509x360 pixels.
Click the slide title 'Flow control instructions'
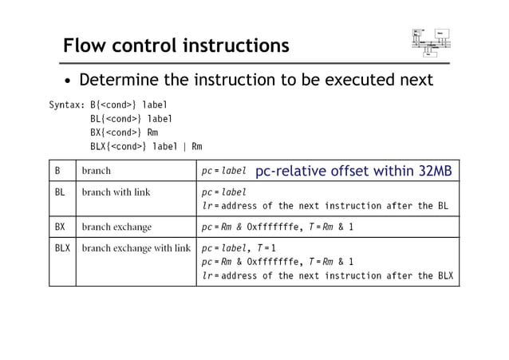coord(176,45)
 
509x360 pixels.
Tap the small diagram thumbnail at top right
coord(431,42)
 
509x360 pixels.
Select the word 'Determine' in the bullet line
coord(120,80)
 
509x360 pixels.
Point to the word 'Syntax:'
coord(67,105)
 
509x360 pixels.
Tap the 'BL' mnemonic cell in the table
coord(60,192)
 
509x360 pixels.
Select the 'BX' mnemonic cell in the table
coord(60,227)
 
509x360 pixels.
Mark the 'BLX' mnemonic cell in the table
coord(62,248)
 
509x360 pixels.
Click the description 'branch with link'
coord(116,192)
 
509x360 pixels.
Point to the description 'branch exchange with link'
coord(136,248)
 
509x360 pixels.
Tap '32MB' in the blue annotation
coord(436,171)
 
